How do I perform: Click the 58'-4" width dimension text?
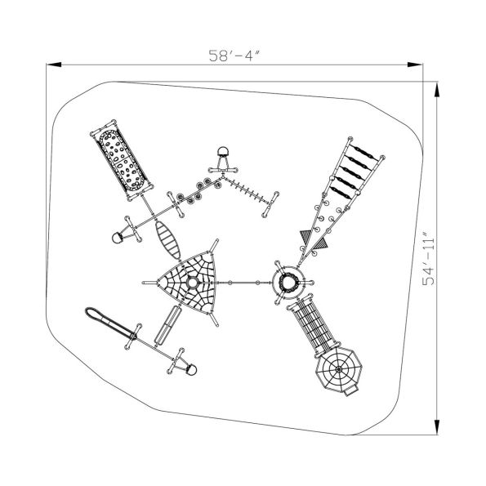pos(234,56)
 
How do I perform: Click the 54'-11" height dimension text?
pos(429,257)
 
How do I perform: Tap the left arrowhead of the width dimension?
pos(53,65)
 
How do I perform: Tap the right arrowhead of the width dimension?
pos(414,65)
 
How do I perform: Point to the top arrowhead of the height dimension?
pos(437,90)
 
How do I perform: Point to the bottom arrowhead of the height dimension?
pos(437,427)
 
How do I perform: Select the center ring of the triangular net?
pos(192,283)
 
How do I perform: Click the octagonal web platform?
pos(339,369)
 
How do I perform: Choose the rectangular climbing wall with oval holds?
pos(122,160)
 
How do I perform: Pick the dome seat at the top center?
pos(223,152)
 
